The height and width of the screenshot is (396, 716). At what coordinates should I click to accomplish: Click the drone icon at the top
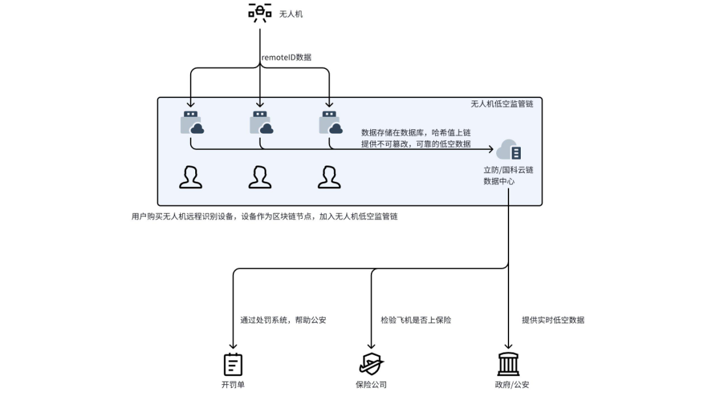(x=259, y=13)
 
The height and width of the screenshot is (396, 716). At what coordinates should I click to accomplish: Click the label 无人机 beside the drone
(x=291, y=14)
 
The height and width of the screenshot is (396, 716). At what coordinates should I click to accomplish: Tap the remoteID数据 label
(x=286, y=57)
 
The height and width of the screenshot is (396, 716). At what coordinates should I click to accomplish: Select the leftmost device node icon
(x=191, y=122)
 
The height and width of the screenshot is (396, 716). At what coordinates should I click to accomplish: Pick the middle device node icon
(x=261, y=122)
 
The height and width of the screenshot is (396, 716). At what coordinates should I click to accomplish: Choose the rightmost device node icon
(x=329, y=122)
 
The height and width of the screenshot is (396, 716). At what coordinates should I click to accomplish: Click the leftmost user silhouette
(x=191, y=177)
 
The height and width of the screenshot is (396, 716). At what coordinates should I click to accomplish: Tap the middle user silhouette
(x=260, y=177)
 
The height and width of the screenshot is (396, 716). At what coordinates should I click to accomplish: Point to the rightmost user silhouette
(x=329, y=177)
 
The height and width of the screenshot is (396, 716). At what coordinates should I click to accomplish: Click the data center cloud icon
(x=508, y=151)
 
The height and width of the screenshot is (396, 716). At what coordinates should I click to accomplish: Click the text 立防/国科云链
(x=508, y=170)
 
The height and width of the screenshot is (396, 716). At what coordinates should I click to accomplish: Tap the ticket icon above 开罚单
(x=233, y=364)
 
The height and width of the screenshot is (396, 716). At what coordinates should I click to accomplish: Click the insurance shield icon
(x=371, y=364)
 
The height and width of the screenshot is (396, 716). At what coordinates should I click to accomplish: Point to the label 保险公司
(x=371, y=384)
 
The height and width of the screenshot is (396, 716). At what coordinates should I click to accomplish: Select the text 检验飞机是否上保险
(x=415, y=320)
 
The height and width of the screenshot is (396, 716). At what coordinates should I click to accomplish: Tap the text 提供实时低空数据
(x=553, y=320)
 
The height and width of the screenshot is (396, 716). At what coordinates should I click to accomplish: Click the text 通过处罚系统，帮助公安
(x=283, y=320)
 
